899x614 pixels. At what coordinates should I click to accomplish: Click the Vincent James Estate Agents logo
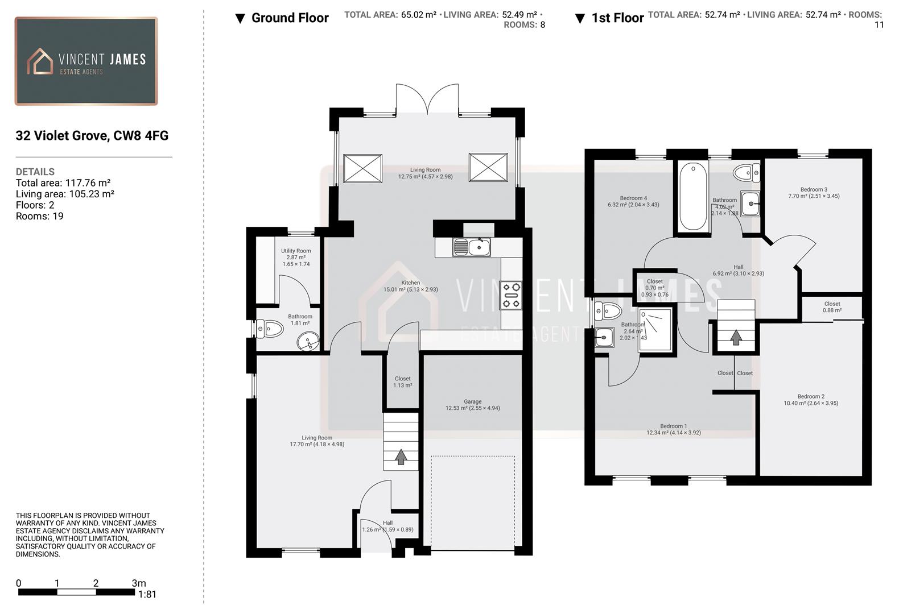(86, 61)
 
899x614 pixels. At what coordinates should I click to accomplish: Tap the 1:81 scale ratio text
(147, 595)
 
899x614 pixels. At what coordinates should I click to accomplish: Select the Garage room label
(472, 401)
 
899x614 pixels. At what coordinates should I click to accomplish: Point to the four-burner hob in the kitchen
(510, 296)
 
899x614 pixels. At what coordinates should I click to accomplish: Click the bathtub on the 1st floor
(693, 197)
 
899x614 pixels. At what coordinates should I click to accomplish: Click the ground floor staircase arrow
(401, 456)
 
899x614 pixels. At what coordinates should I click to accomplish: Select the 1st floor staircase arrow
(736, 338)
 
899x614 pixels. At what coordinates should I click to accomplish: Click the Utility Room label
(296, 251)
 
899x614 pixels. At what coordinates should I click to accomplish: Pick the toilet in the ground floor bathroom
(270, 329)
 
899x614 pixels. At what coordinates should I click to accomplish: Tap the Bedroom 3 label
(814, 189)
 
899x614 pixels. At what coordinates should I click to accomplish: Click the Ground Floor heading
(290, 18)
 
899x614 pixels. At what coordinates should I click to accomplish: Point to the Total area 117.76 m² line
(63, 183)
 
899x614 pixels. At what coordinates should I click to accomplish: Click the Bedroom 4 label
(633, 198)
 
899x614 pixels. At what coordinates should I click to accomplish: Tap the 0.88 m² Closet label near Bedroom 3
(832, 310)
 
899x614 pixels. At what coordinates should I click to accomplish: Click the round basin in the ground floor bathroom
(308, 342)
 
